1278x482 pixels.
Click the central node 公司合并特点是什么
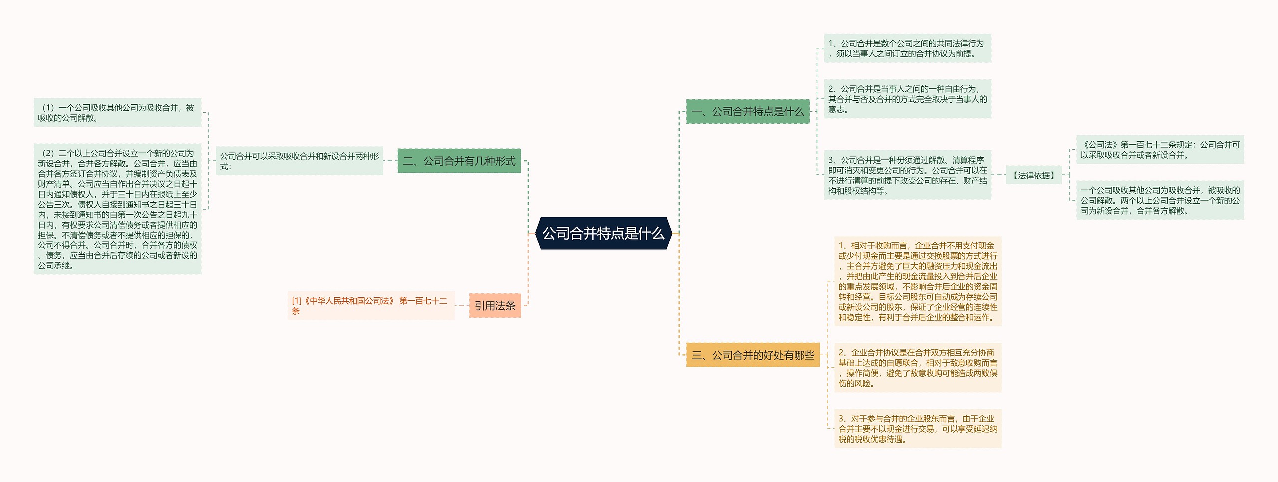click(x=603, y=233)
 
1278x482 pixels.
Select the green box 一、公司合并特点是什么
click(x=747, y=111)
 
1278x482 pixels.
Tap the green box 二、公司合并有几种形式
click(x=459, y=161)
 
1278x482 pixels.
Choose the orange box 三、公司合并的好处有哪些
click(x=753, y=355)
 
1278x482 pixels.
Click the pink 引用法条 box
click(x=495, y=305)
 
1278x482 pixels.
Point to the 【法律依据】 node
click(x=1033, y=175)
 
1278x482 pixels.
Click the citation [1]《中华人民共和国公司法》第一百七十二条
click(x=370, y=305)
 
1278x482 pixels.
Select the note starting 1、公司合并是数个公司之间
click(x=907, y=48)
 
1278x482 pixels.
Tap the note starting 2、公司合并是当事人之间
click(x=907, y=99)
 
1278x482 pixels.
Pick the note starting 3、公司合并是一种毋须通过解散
click(x=907, y=175)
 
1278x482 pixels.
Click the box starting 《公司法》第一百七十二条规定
click(x=1159, y=149)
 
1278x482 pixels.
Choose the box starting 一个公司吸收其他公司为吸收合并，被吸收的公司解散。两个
click(x=1159, y=200)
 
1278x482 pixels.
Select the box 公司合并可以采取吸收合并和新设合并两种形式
click(x=299, y=161)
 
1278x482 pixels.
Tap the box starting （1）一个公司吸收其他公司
click(x=117, y=112)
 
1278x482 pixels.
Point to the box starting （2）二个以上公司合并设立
click(x=117, y=209)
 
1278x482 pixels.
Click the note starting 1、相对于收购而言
click(x=918, y=281)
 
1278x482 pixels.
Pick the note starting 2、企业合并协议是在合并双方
click(x=918, y=367)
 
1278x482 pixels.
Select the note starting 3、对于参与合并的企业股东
click(x=918, y=428)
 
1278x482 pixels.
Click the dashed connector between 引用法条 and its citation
click(x=462, y=305)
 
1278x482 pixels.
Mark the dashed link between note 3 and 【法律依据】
click(x=998, y=175)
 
